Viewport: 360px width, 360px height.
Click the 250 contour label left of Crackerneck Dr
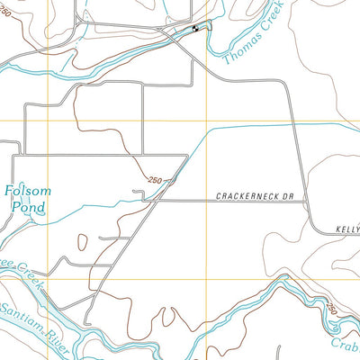(156, 180)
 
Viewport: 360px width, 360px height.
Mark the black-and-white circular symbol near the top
(195, 31)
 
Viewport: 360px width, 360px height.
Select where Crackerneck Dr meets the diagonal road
(163, 201)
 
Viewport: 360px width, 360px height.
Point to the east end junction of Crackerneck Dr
(309, 201)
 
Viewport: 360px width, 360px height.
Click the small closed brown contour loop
(84, 241)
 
